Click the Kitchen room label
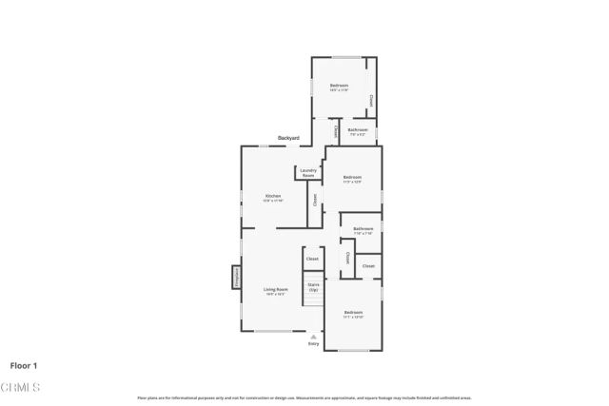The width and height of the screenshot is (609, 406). [x=273, y=195]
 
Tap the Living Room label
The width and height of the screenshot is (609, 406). [x=276, y=289]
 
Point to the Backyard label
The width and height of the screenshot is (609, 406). [x=288, y=139]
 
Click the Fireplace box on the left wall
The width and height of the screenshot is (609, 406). [x=236, y=277]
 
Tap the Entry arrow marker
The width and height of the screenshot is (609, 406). [x=313, y=336]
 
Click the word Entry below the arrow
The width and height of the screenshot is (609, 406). [x=313, y=343]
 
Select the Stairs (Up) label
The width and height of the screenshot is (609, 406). [x=313, y=286]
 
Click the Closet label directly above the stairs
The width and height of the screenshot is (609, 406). [x=312, y=259]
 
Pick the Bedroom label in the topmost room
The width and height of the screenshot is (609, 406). [x=340, y=86]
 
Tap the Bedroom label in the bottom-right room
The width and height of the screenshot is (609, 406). [x=353, y=312]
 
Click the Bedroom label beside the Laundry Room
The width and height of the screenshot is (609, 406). [x=352, y=177]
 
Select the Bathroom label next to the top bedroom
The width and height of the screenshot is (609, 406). [x=358, y=129]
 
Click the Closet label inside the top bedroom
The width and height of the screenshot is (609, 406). [x=371, y=101]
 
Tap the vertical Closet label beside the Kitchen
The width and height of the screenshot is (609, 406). [x=315, y=200]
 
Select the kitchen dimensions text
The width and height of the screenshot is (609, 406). [x=273, y=201]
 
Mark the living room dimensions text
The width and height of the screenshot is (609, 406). [x=276, y=295]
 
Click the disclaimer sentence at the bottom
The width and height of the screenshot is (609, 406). [x=304, y=397]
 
